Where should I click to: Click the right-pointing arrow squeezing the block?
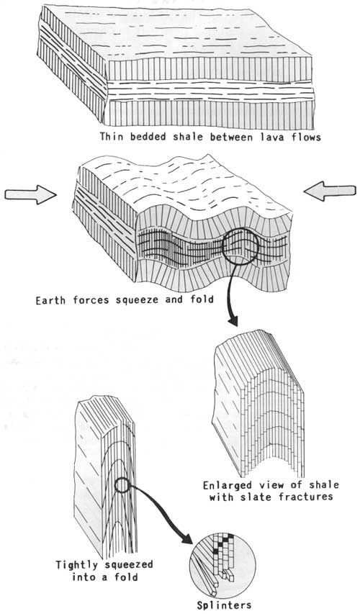(30, 194)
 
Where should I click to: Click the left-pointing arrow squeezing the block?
(330, 191)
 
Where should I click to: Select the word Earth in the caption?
(49, 301)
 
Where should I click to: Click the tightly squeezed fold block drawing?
(105, 476)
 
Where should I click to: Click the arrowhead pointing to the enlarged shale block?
(233, 322)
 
